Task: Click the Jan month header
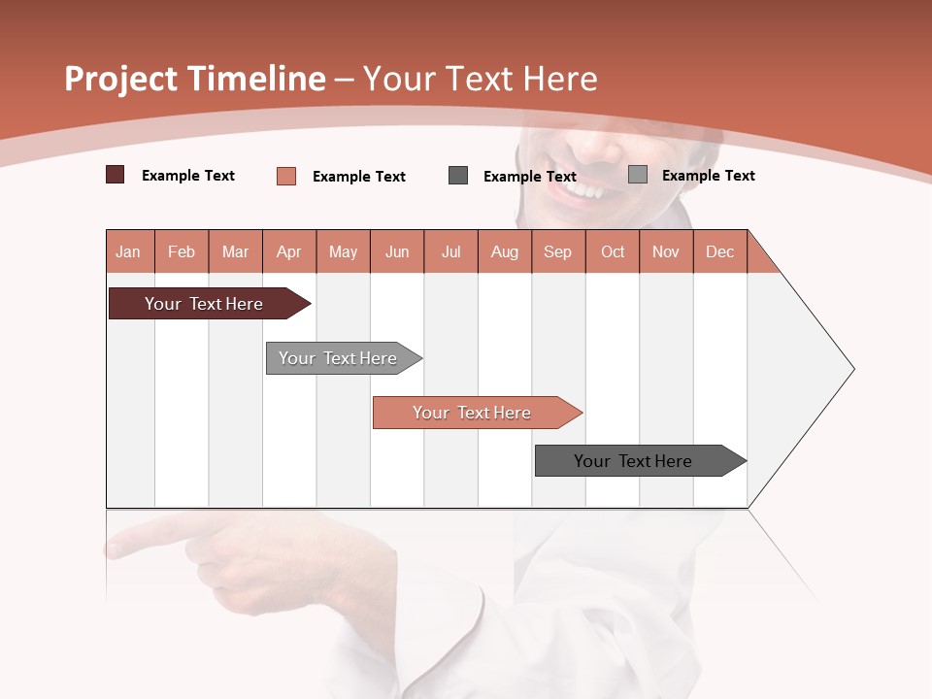[129, 251]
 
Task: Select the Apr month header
[289, 251]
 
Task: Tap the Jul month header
[450, 251]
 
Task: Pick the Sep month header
[558, 251]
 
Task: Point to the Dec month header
[719, 251]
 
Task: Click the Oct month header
[613, 251]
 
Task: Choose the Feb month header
[182, 251]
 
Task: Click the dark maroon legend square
[115, 175]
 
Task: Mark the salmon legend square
[285, 176]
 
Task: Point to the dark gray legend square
[458, 176]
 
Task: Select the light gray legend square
[637, 175]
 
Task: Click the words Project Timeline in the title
[194, 79]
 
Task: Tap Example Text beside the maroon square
[188, 176]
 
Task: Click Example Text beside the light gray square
[708, 176]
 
